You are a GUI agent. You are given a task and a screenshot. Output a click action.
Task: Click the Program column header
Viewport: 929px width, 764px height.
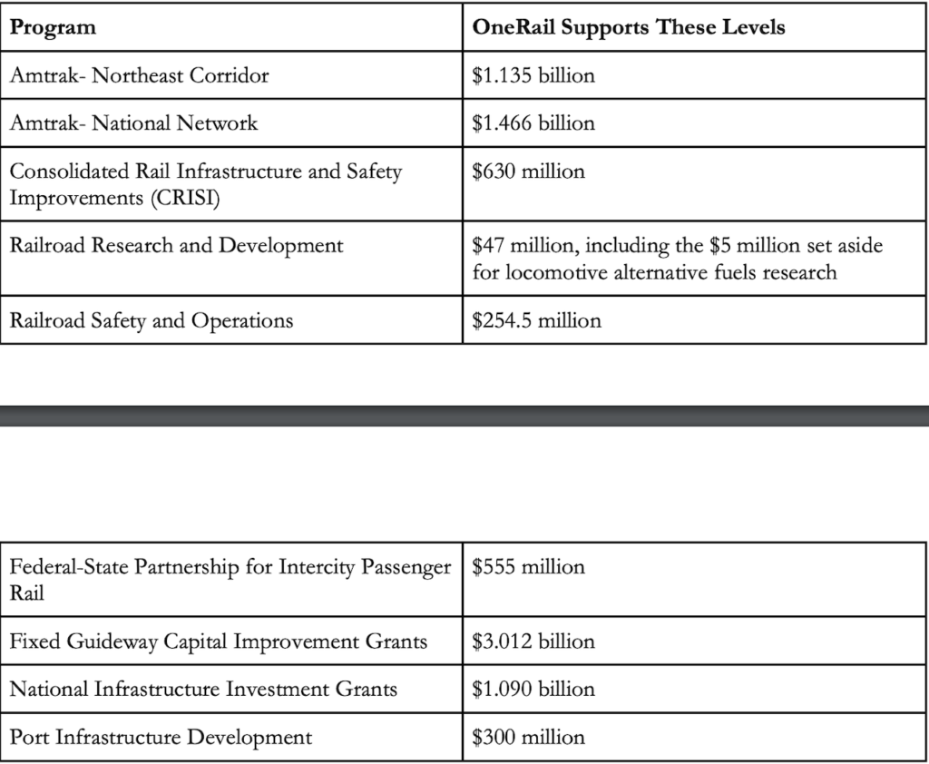[x=53, y=27]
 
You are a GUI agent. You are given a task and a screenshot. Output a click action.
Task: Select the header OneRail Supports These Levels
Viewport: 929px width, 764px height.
[x=629, y=27]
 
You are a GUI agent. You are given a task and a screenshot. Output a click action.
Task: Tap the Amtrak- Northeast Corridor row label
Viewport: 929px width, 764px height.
[x=139, y=75]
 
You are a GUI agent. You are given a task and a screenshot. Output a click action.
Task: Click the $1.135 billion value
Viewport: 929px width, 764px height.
[x=533, y=75]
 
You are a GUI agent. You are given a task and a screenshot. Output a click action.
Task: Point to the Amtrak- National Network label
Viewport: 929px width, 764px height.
[x=133, y=123]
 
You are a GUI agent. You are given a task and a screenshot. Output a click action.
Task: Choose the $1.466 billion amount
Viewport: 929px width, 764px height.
[x=533, y=123]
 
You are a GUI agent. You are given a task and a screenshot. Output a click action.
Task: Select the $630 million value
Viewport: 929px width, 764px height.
[x=528, y=171]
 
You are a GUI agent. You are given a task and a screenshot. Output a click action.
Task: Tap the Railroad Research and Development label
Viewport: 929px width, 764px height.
[x=176, y=245]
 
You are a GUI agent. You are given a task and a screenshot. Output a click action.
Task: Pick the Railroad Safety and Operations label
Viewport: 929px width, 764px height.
[x=151, y=320]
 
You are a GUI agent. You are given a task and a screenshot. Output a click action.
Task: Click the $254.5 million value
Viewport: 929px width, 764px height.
[x=536, y=320]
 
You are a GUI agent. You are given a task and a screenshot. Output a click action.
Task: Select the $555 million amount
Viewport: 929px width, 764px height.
[x=528, y=567]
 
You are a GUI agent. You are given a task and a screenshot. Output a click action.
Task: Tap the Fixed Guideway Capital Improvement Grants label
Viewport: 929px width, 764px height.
[x=218, y=642]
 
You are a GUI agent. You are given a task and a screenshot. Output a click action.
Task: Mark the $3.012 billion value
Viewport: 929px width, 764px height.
[x=533, y=642]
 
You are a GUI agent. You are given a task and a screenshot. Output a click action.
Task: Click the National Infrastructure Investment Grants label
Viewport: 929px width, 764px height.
[x=203, y=690]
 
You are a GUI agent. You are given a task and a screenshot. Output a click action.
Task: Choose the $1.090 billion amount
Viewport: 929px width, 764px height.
[x=533, y=690]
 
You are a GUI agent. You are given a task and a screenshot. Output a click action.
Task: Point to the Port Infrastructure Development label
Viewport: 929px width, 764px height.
[x=161, y=738]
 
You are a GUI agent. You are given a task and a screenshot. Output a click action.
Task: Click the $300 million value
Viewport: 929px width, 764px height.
[x=528, y=738]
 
